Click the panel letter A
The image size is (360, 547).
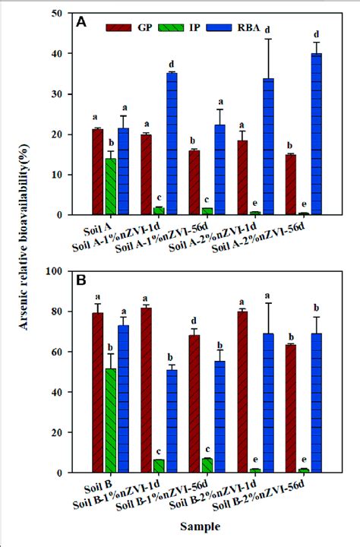tap(81, 24)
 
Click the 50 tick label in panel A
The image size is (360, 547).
tap(63, 14)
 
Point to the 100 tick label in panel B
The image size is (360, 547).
tap(60, 273)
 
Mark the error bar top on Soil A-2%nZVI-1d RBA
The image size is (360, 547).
tap(267, 39)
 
